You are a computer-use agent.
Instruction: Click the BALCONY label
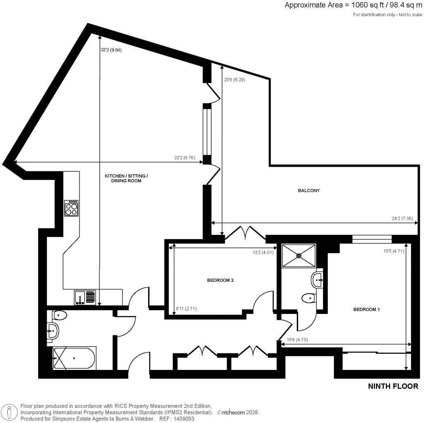pos(309,191)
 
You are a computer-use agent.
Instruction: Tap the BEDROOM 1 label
pos(366,309)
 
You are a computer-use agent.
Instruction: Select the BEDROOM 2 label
pos(220,280)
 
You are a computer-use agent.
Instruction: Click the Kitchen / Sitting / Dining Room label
pos(126,178)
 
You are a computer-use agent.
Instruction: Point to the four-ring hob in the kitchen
pos(72,208)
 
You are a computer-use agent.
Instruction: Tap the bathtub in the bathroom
pos(75,358)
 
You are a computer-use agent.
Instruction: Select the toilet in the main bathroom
pos(60,316)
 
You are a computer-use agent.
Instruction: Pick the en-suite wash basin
pos(318,280)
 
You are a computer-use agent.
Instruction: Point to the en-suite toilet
pos(308,299)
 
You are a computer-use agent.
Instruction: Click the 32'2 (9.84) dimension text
pos(111,50)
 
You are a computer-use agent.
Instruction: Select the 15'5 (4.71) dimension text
pos(395,250)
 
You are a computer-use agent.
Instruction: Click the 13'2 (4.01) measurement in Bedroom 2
pos(264,251)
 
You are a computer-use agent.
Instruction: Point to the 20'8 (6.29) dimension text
pos(234,80)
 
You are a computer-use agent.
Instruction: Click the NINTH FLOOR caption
pos(393,387)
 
